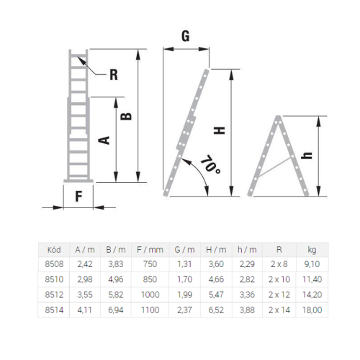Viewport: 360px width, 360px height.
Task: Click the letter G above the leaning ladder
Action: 185,36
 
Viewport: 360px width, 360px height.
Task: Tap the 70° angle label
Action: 210,165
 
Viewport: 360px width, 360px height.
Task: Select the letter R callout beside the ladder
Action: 114,75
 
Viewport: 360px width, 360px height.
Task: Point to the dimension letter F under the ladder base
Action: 78,197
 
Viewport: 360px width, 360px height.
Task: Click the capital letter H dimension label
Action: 220,130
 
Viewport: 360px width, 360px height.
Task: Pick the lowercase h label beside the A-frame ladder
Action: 307,156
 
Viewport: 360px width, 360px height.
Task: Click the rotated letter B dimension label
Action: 126,116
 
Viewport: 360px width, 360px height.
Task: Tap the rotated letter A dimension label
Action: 104,140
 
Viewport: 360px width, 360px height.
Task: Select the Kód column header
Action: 54,250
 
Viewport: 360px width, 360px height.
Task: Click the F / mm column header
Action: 150,250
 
